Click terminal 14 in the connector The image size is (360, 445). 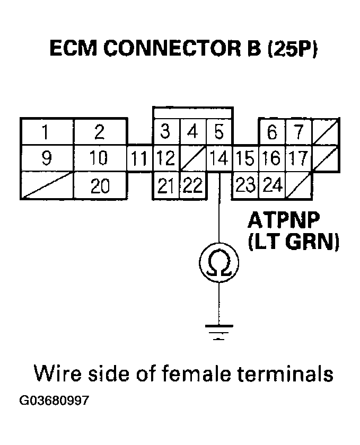click(218, 158)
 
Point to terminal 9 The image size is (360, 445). click(46, 158)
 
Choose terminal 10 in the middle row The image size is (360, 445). click(100, 158)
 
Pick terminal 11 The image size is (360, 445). click(140, 158)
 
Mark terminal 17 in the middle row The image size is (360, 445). click(298, 158)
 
